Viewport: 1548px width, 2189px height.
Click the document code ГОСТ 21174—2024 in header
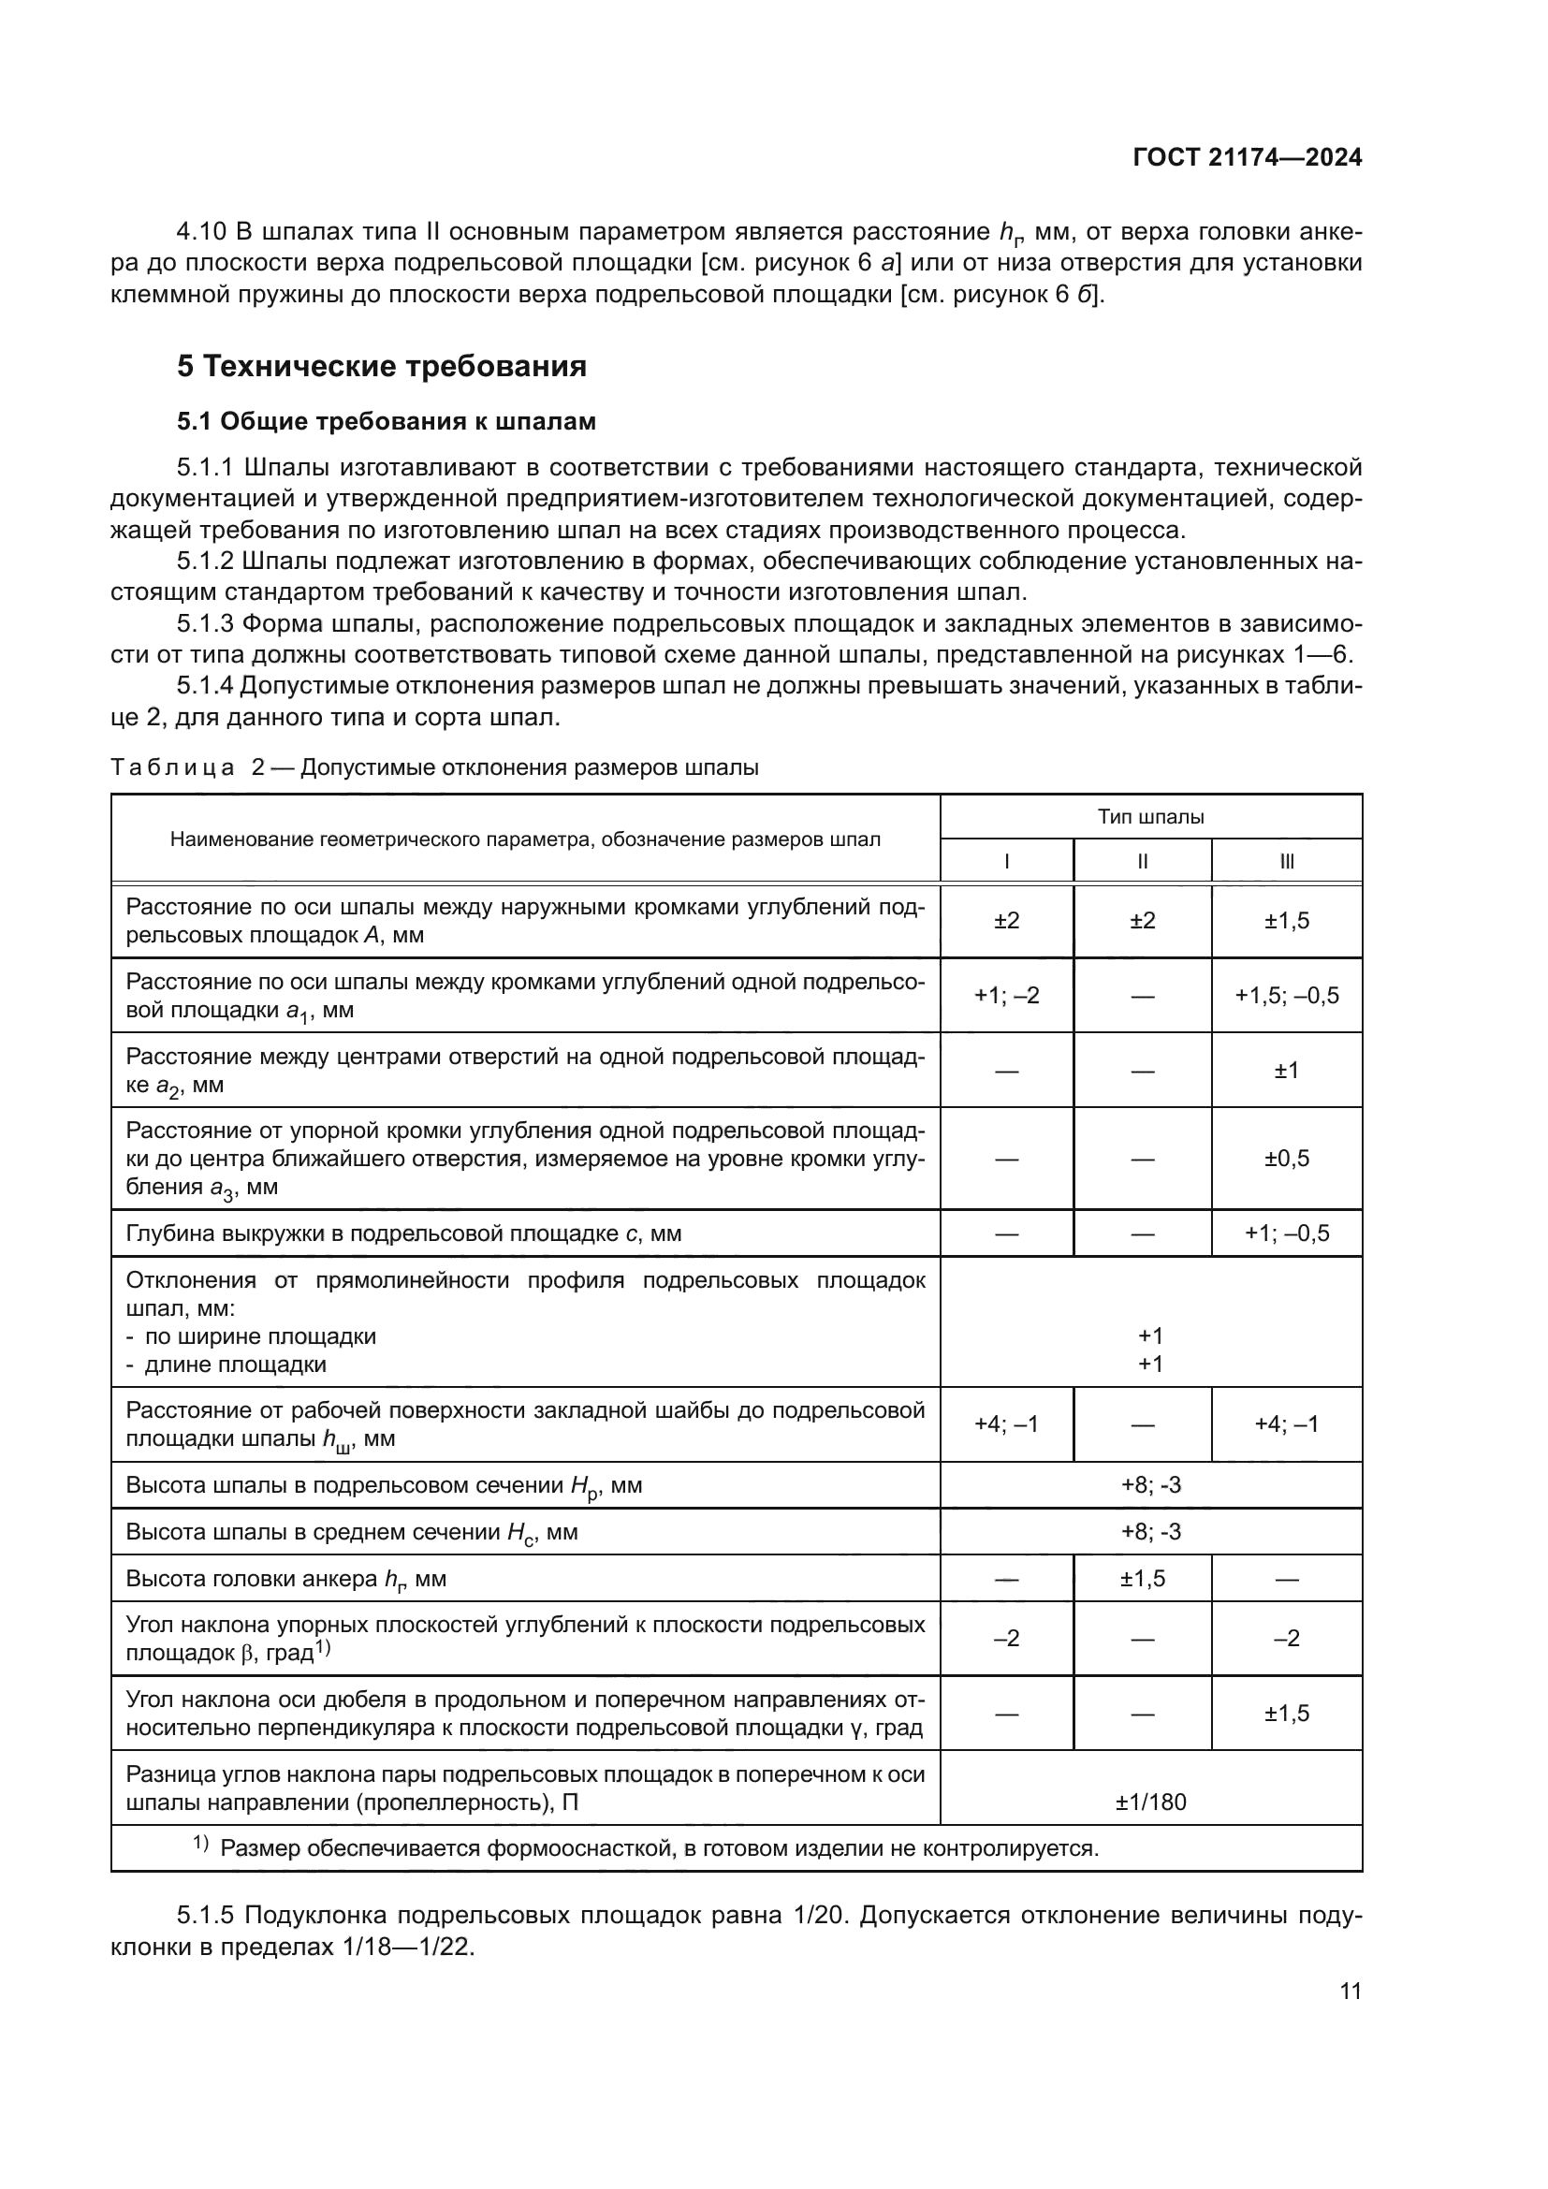(x=1247, y=158)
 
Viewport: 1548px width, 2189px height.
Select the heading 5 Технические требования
(x=381, y=366)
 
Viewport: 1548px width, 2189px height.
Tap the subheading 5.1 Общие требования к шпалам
(x=386, y=420)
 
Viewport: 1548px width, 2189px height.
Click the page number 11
(x=1350, y=1992)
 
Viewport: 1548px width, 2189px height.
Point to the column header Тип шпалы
(x=1150, y=817)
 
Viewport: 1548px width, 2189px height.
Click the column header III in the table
(x=1287, y=862)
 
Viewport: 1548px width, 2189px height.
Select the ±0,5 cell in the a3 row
(x=1287, y=1159)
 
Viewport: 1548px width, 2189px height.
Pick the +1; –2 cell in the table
(x=1007, y=996)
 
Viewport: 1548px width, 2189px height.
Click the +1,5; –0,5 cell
(x=1287, y=996)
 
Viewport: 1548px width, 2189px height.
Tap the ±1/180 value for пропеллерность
(x=1150, y=1802)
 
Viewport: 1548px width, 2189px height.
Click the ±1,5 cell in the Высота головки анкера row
(x=1142, y=1579)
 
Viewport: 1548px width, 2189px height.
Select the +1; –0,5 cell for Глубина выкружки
(x=1287, y=1233)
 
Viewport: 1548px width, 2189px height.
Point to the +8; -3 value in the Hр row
(x=1150, y=1485)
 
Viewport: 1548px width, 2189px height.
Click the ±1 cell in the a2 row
(x=1287, y=1071)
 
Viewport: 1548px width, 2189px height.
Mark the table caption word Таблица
(x=172, y=768)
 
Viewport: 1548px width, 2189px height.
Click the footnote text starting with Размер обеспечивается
(x=659, y=1848)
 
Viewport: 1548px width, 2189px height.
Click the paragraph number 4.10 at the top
(x=201, y=232)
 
